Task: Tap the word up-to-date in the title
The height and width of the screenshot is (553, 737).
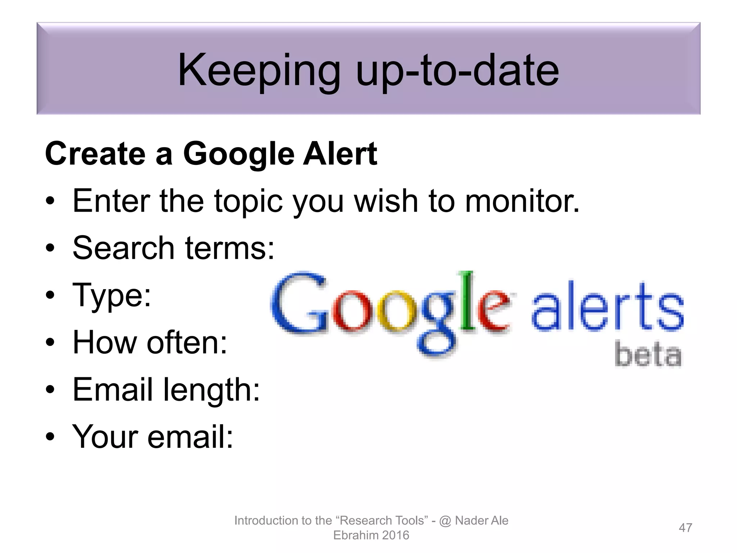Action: (x=457, y=71)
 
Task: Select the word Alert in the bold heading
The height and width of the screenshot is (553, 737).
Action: (x=340, y=154)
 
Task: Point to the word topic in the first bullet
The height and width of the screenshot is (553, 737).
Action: (x=248, y=202)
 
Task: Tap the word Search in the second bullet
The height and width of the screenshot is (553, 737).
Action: (x=123, y=248)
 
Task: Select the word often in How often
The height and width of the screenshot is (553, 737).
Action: (x=187, y=342)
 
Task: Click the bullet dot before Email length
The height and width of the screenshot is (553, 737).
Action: (x=50, y=390)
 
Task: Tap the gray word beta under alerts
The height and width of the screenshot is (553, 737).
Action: (x=648, y=355)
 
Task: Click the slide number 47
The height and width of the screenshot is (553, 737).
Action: (x=685, y=528)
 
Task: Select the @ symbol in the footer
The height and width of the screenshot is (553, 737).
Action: (x=445, y=521)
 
